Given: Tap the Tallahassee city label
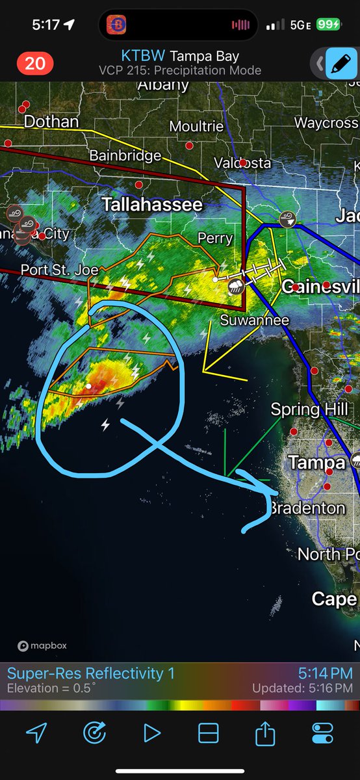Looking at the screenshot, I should point(152,205).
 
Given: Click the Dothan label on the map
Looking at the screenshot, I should point(51,122).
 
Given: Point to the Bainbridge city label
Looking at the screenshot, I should point(125,155).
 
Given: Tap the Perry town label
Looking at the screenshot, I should point(215,239).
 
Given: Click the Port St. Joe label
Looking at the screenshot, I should point(60,269).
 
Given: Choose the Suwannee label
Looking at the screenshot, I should point(246,320).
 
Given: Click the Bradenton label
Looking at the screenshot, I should point(308,508).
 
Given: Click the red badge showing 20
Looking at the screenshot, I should point(35,63).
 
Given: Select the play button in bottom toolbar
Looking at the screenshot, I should point(152,733).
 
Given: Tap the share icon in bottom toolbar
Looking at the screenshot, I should point(265,734).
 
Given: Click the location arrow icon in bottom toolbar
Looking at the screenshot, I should point(36,733).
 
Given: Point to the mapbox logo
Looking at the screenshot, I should point(42,646).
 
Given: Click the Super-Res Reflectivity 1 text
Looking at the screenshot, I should point(91,673).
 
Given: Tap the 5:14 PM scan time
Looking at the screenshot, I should point(326,673).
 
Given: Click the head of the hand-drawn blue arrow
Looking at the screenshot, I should point(263,494).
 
